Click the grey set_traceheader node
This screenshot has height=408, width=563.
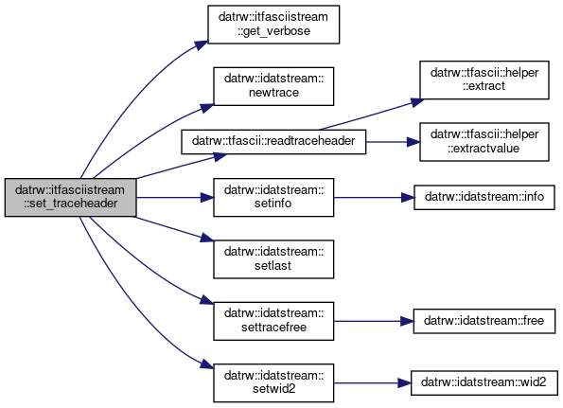tap(70, 197)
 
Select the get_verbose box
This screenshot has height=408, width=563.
tap(273, 25)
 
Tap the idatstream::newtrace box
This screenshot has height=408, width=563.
tap(273, 86)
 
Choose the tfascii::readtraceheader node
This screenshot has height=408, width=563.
tap(273, 142)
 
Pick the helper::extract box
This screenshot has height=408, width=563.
tap(484, 80)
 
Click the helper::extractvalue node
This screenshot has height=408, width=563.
tap(484, 142)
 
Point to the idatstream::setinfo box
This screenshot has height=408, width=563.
tap(273, 197)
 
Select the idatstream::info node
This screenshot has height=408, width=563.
tap(484, 197)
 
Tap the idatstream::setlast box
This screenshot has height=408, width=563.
tap(273, 259)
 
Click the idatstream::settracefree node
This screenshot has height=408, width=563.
tap(273, 321)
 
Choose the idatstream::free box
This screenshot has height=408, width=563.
tap(484, 321)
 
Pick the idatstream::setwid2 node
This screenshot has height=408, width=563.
tap(273, 382)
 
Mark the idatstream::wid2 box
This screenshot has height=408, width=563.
tap(484, 382)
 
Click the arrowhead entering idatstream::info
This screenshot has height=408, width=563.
tap(408, 197)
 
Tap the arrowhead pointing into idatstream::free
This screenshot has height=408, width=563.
tap(407, 321)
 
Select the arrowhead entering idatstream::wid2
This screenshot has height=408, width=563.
tap(405, 382)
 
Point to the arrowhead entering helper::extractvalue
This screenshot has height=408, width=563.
tap(413, 142)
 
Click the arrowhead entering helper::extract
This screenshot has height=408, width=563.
tap(417, 102)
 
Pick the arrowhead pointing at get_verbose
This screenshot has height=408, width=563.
tap(202, 45)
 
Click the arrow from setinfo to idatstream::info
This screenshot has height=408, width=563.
tap(374, 197)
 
